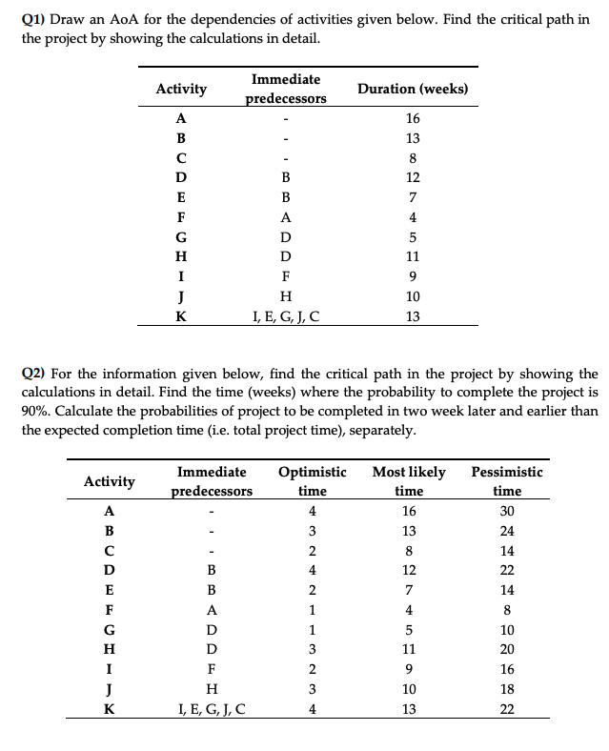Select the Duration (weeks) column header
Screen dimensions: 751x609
pyautogui.click(x=412, y=89)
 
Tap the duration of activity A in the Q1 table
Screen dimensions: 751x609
pyautogui.click(x=412, y=118)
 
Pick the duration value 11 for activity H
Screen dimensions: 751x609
pyautogui.click(x=412, y=257)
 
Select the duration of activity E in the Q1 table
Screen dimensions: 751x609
pyautogui.click(x=412, y=197)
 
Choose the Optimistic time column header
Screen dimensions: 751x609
pyautogui.click(x=312, y=481)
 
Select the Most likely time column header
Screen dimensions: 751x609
pyautogui.click(x=409, y=481)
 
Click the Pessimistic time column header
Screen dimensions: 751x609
pyautogui.click(x=506, y=481)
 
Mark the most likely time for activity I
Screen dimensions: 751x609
pyautogui.click(x=409, y=669)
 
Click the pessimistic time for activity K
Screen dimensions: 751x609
pyautogui.click(x=506, y=709)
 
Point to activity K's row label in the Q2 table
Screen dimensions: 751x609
pyautogui.click(x=109, y=709)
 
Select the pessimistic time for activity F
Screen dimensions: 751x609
pyautogui.click(x=506, y=610)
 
